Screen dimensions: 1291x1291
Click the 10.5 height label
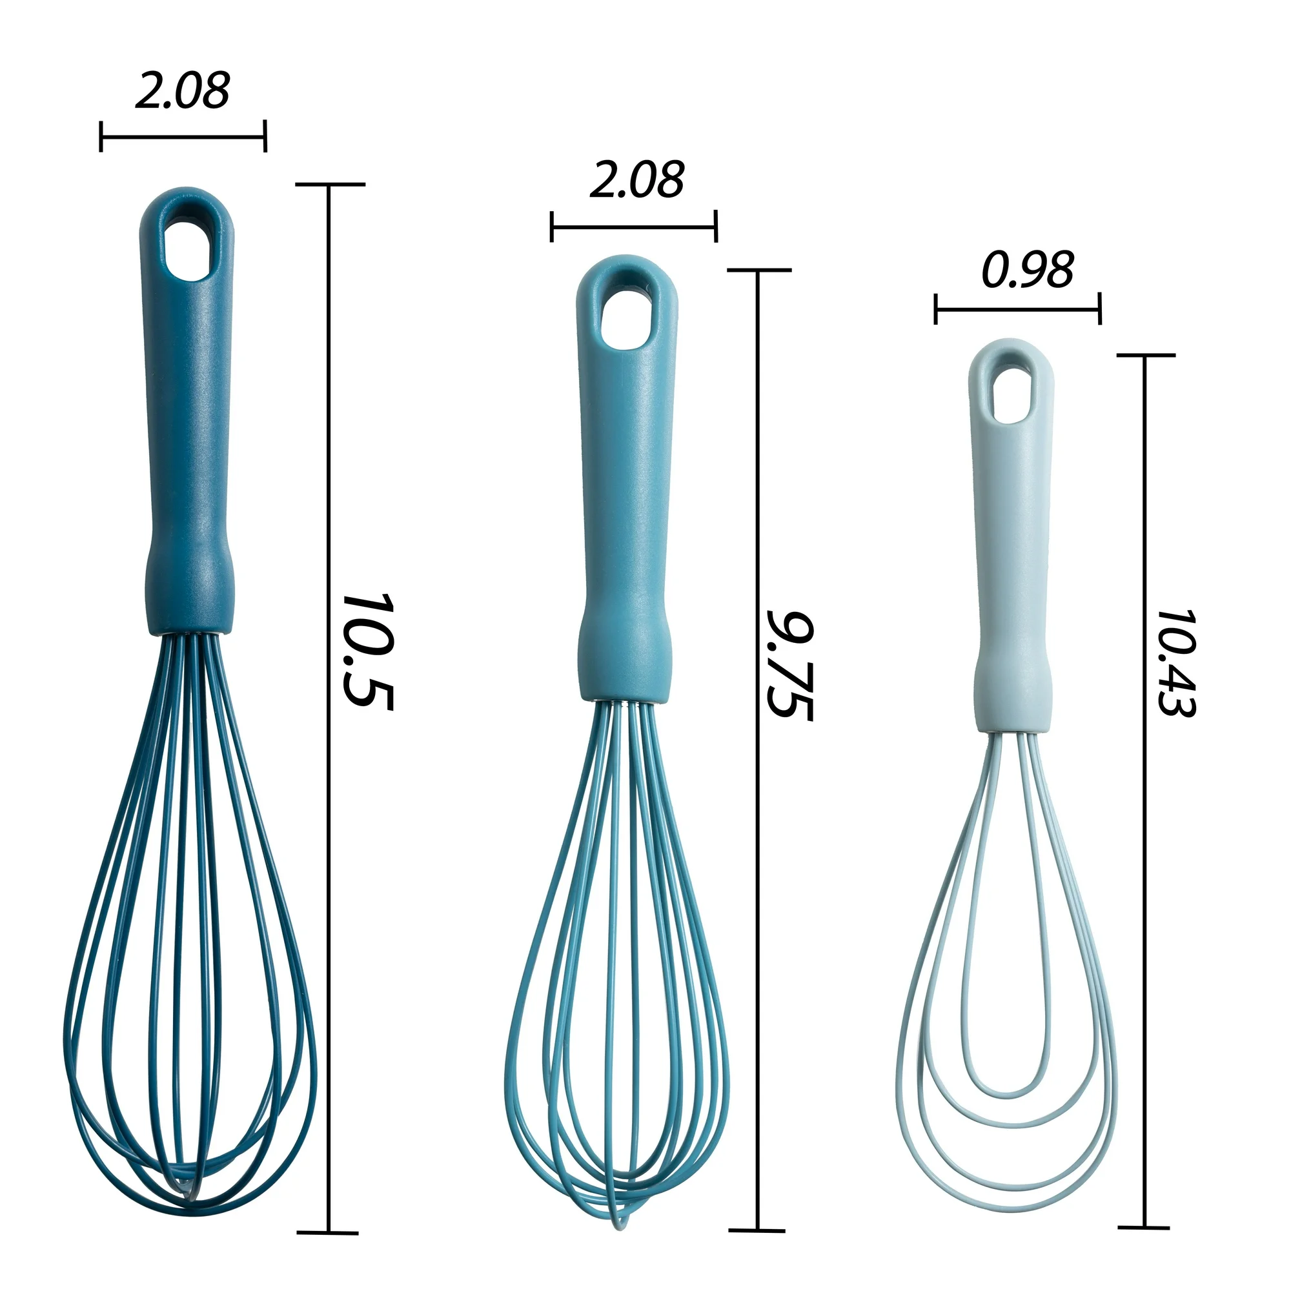pos(367,652)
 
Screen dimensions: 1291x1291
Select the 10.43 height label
pos(1176,662)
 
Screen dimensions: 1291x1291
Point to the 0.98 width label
pos(1027,269)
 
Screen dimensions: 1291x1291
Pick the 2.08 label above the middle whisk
pos(637,179)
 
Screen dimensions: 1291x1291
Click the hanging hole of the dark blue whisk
pos(187,247)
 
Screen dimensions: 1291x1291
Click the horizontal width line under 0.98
pos(1018,309)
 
